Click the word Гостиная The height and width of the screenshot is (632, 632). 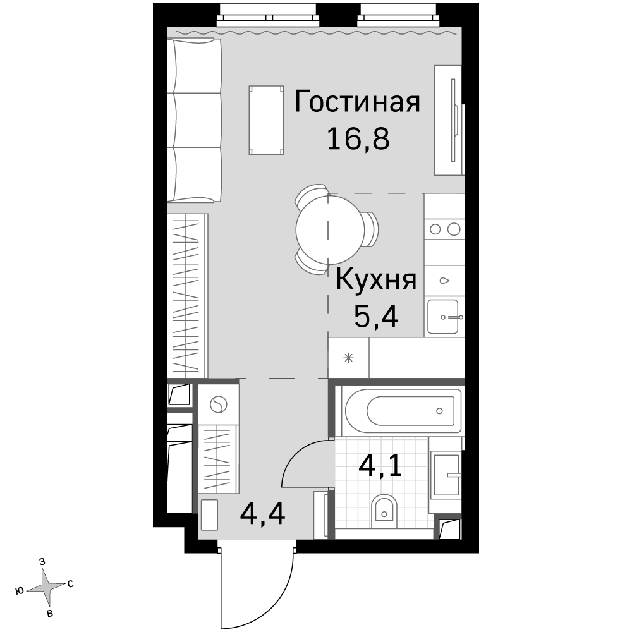tap(358, 102)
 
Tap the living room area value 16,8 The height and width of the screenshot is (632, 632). tap(358, 138)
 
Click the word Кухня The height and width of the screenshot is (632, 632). tap(376, 280)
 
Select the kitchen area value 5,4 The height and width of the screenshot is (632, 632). tap(376, 317)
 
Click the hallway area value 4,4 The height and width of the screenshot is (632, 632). tap(262, 514)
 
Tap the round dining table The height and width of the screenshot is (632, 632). tap(330, 230)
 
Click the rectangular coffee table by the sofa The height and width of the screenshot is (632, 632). tap(266, 120)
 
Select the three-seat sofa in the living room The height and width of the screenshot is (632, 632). tap(194, 120)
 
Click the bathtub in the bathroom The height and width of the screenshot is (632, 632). tap(403, 411)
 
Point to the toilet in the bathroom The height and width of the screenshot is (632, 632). tap(384, 511)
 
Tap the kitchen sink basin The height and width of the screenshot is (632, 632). tap(442, 317)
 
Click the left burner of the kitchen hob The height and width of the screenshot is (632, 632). tap(435, 229)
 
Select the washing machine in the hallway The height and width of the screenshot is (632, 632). tap(219, 404)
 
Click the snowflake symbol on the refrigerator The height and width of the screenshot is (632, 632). tap(349, 358)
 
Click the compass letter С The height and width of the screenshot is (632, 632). tap(70, 584)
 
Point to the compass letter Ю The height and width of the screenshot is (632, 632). tap(19, 591)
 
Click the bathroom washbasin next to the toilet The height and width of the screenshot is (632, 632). tap(446, 475)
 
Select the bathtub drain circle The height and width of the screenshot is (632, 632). tap(439, 411)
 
